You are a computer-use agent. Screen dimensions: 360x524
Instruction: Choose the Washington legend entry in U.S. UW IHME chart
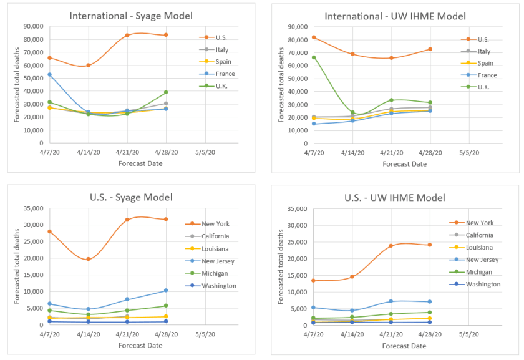coord(483,284)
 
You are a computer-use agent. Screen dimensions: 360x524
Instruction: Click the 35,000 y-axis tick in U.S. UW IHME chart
coord(293,209)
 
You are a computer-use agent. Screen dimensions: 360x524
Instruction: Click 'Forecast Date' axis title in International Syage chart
coord(140,163)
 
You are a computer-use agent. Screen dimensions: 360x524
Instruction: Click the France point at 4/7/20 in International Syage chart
coord(49,74)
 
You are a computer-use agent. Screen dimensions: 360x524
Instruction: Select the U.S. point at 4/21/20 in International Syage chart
coord(127,36)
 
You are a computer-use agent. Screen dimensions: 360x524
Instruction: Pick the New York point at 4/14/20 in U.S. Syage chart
coord(88,259)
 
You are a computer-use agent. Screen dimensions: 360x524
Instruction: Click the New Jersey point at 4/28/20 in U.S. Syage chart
coord(166,290)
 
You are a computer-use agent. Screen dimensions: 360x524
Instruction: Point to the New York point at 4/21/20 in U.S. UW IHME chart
coord(391,246)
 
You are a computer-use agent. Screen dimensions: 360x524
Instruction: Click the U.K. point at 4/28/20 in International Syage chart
coord(166,92)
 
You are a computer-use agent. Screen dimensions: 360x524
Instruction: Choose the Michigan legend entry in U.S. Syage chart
coord(215,273)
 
